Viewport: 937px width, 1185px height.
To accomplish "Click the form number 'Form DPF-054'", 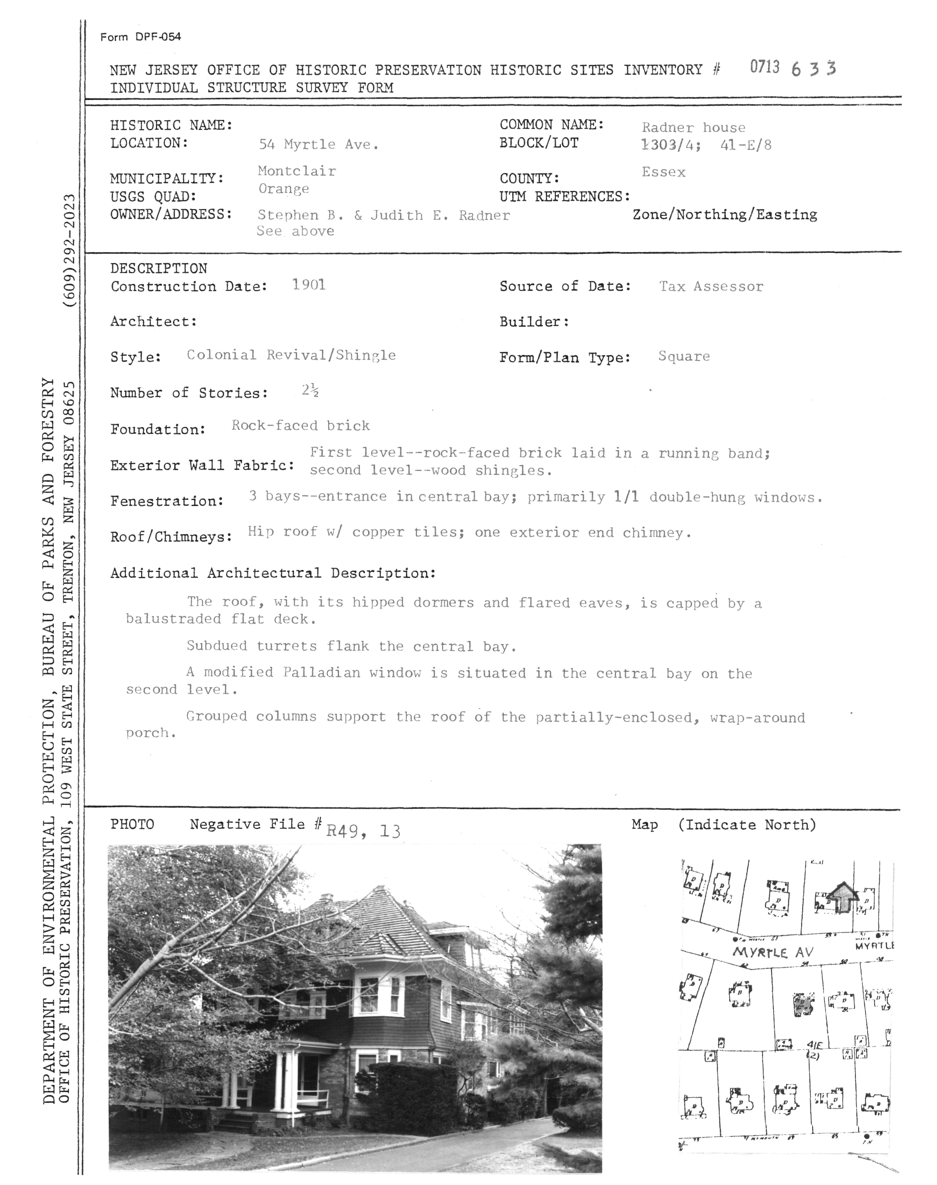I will click(x=140, y=37).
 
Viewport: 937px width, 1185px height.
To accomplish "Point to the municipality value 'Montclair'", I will click(x=297, y=171).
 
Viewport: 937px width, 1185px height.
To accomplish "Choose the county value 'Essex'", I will click(x=663, y=172).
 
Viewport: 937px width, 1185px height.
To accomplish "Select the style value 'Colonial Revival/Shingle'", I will click(x=291, y=355).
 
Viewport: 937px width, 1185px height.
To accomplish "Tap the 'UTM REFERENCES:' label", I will click(x=565, y=196).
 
